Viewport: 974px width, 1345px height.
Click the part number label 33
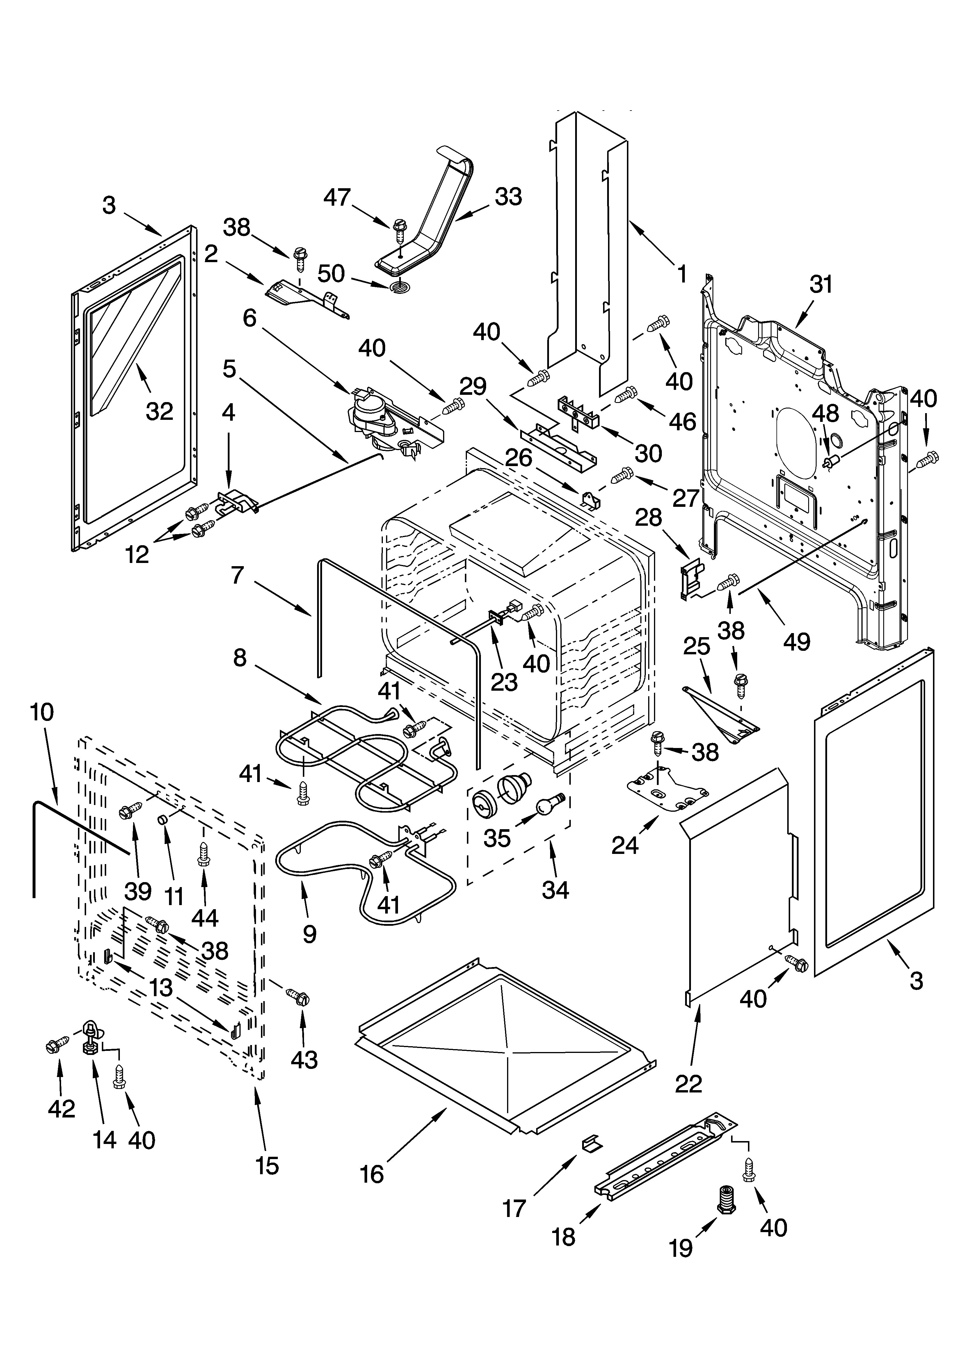[508, 197]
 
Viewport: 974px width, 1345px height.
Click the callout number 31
[821, 285]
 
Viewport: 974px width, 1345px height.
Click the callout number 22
[688, 1083]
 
